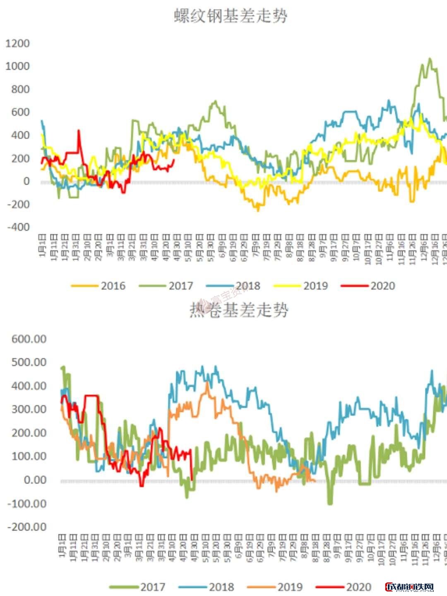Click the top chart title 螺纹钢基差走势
tap(230, 17)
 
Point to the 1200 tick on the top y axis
tap(17, 43)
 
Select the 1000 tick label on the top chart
tap(17, 66)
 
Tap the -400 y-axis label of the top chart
tap(18, 227)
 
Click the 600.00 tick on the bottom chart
tap(29, 339)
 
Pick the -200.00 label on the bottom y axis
tap(27, 527)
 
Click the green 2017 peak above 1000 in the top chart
tap(430, 59)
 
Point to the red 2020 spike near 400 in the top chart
tap(79, 131)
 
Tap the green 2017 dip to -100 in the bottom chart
tap(330, 503)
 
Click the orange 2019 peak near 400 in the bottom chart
tap(207, 383)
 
